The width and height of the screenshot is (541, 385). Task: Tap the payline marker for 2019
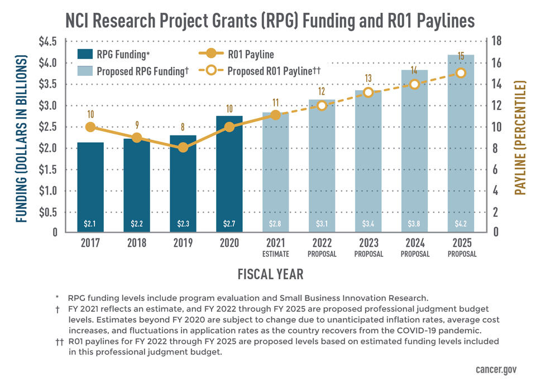(x=183, y=148)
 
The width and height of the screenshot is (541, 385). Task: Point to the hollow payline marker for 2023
(x=368, y=92)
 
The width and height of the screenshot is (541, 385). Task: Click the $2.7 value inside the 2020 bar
(x=229, y=224)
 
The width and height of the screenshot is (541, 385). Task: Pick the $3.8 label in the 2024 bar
(x=415, y=224)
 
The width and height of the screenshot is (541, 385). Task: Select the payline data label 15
(x=461, y=56)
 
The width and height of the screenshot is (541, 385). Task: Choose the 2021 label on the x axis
(x=276, y=243)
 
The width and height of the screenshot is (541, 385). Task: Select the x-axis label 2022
(x=322, y=243)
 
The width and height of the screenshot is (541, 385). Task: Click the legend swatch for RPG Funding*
(x=85, y=55)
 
